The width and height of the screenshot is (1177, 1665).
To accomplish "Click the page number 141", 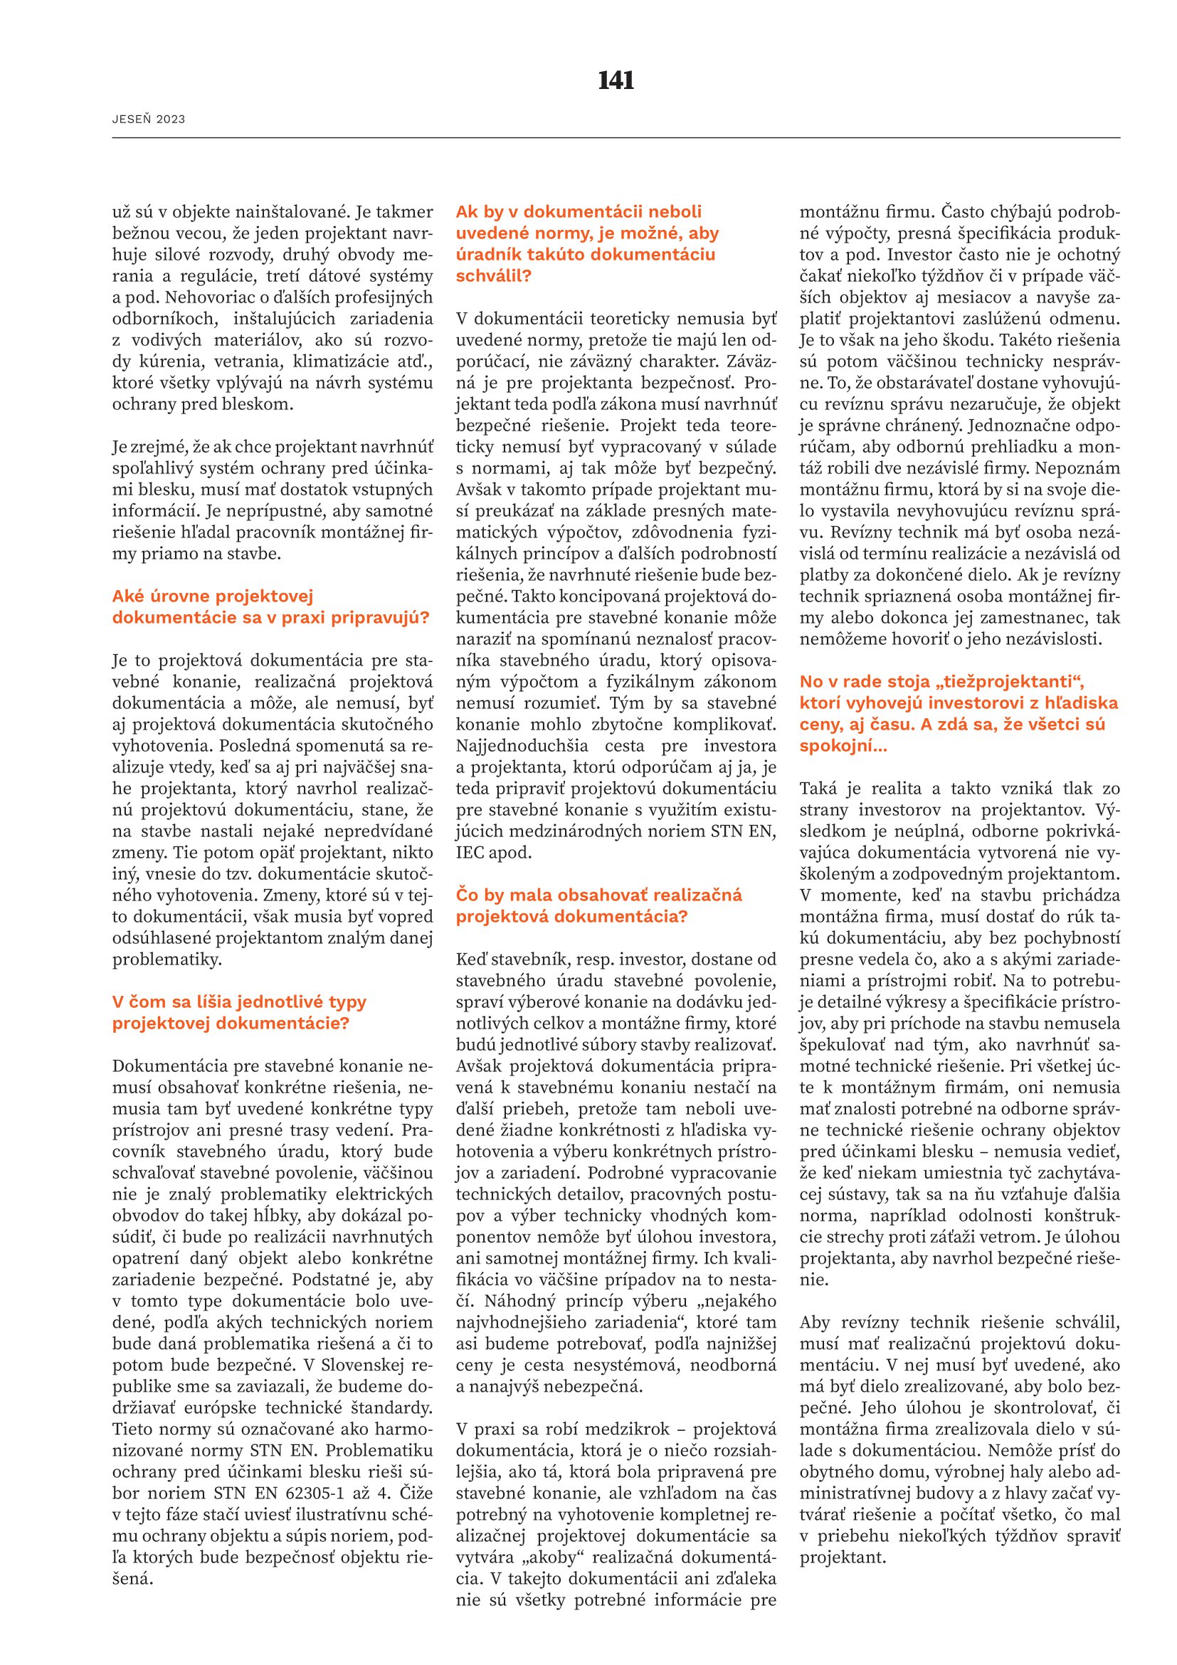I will click(x=616, y=80).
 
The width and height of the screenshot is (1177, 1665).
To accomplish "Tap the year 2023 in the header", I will click(x=170, y=120).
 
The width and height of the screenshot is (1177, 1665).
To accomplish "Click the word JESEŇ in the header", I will click(x=132, y=120).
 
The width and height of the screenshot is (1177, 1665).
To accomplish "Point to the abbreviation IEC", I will click(x=471, y=853).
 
